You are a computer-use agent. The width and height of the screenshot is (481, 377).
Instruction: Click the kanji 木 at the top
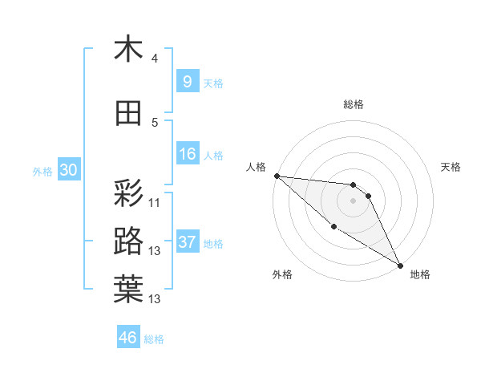128,49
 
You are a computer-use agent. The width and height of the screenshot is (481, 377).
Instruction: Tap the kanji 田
128,114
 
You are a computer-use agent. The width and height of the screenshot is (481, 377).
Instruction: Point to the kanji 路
128,241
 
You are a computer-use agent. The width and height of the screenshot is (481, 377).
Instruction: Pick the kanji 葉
128,290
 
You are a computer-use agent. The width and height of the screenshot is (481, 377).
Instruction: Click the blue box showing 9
187,82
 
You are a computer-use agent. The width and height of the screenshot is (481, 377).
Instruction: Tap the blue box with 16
188,155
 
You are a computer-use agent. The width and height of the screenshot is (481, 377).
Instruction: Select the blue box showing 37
188,242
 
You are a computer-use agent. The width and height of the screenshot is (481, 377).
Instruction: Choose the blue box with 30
68,170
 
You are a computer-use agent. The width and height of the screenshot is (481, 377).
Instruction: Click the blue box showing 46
128,338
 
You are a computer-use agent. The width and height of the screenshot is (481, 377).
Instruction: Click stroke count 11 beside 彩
155,203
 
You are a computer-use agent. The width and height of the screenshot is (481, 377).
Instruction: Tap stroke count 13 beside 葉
155,299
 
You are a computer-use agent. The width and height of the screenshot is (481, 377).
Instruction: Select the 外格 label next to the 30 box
42,172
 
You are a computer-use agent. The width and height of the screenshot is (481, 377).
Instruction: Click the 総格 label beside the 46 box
154,339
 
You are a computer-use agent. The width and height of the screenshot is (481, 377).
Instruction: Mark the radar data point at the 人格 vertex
277,176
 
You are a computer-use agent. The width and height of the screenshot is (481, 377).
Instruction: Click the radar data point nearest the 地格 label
400,265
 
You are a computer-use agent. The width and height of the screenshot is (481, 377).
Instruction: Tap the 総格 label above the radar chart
354,104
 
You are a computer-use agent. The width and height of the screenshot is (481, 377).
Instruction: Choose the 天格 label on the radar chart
451,167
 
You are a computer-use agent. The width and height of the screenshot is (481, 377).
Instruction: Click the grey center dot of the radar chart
354,201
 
